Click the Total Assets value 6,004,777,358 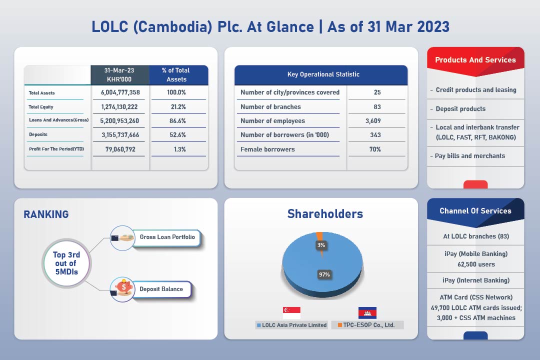click(x=120, y=92)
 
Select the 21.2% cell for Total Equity click(x=178, y=107)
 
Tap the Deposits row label click(x=38, y=134)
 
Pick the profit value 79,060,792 click(x=120, y=149)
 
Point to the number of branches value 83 click(x=377, y=107)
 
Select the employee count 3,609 click(x=373, y=121)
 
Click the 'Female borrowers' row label click(x=267, y=149)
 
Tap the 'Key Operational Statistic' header click(x=323, y=74)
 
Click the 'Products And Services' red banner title click(x=475, y=60)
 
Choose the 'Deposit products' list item click(x=460, y=109)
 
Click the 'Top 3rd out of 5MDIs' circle click(x=66, y=263)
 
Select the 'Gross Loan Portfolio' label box click(x=166, y=237)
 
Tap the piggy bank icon click(x=124, y=286)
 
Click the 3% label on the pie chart click(x=321, y=245)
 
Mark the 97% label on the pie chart click(x=324, y=274)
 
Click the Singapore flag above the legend click(x=291, y=313)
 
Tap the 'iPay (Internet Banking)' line click(x=476, y=280)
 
